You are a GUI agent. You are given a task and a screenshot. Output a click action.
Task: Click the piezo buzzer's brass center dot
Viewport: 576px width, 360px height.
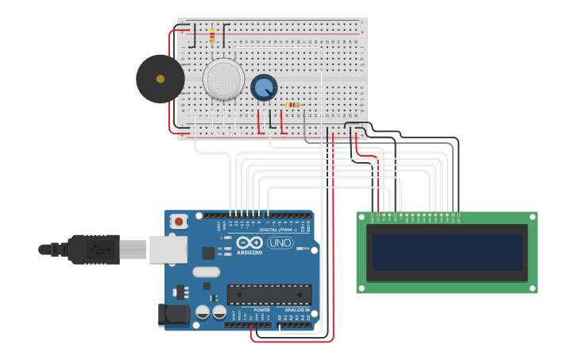point(160,79)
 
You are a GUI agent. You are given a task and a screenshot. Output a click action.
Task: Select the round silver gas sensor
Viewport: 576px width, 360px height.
point(223,79)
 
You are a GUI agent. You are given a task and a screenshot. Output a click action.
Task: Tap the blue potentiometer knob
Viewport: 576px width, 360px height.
point(264,87)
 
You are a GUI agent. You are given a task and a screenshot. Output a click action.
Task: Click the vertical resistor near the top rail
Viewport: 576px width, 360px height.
point(212,35)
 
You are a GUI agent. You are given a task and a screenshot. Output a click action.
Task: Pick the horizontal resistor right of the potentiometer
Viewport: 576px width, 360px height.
point(292,105)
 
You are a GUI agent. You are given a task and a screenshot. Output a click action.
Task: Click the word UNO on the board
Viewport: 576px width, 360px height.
point(280,242)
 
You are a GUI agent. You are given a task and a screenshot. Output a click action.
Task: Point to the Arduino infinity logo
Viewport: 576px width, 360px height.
point(249,242)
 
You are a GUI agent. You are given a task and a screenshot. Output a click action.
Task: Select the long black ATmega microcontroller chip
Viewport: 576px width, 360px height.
point(269,295)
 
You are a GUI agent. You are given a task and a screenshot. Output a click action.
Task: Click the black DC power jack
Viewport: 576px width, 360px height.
point(173,315)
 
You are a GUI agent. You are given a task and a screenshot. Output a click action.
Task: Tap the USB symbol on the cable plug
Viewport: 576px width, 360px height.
point(95,249)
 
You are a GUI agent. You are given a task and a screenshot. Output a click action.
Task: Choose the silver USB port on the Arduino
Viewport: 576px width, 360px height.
point(168,250)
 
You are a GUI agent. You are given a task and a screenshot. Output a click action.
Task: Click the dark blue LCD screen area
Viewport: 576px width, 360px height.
point(446,253)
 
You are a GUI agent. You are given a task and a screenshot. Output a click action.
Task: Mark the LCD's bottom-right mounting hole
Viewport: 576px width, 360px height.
point(532,288)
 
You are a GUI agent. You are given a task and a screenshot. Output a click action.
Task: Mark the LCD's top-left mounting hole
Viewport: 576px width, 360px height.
point(361,217)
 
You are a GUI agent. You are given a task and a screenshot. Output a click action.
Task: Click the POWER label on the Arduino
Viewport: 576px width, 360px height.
point(261,310)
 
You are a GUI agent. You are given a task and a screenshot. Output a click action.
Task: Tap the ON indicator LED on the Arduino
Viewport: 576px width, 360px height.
point(299,249)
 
